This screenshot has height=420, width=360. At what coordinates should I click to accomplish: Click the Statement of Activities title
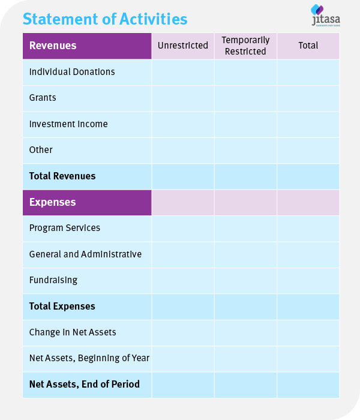(105, 19)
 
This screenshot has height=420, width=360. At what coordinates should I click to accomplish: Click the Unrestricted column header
(183, 46)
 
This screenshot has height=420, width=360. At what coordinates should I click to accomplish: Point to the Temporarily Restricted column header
(245, 46)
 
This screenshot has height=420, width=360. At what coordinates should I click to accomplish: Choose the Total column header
(308, 46)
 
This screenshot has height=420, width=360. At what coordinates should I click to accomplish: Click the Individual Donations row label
(72, 72)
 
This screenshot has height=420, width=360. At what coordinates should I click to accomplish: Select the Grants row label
(43, 98)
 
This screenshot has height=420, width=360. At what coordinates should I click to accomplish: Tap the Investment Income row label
(68, 124)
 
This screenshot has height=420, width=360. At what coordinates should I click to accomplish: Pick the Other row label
(41, 150)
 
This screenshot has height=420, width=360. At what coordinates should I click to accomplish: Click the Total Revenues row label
(62, 176)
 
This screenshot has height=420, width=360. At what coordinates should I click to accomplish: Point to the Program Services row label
(65, 228)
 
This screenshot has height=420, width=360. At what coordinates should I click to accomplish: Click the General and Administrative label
(85, 254)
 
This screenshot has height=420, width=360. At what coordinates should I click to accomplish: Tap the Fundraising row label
(53, 280)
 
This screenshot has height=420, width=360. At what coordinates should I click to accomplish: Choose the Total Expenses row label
(62, 307)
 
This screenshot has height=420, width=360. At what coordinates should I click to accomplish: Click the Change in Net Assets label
(73, 332)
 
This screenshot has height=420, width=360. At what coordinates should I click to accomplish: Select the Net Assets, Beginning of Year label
(89, 358)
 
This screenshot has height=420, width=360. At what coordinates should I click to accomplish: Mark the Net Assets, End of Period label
(85, 384)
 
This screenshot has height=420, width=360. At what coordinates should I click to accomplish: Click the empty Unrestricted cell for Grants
(183, 98)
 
